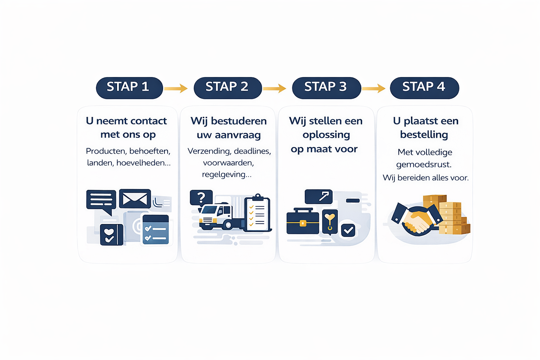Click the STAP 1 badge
(129, 88)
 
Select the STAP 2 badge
(227, 88)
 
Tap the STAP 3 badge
(326, 88)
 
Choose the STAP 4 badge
(424, 88)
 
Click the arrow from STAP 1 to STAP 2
(176, 88)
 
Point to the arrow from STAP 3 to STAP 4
(374, 88)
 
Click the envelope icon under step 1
(135, 199)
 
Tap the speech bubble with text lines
(101, 201)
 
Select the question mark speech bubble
(201, 198)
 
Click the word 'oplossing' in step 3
(326, 135)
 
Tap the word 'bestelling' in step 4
(424, 135)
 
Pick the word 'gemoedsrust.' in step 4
(424, 165)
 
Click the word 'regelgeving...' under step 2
(227, 174)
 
